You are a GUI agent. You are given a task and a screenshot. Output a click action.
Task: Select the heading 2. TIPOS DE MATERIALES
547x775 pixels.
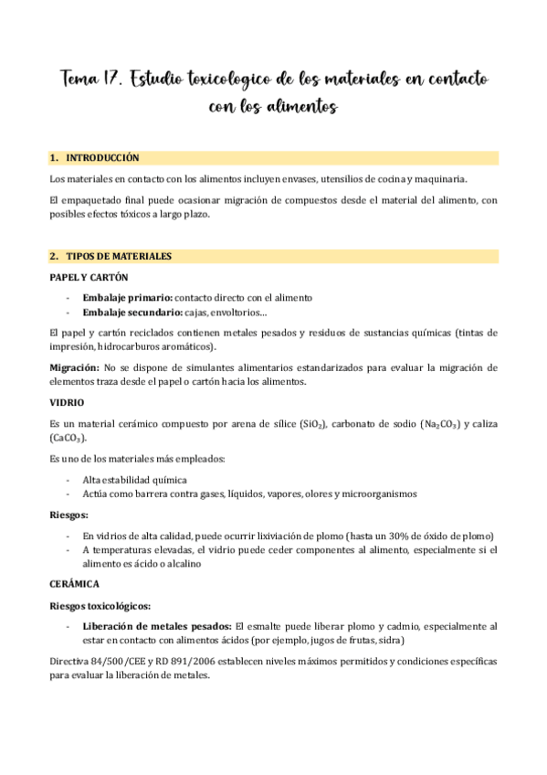[112, 257]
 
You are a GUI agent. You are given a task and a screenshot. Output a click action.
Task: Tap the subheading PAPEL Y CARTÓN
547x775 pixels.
[89, 277]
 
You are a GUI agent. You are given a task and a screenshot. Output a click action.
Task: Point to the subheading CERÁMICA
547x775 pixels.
[74, 582]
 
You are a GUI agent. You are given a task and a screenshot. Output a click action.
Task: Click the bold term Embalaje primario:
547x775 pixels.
[126, 297]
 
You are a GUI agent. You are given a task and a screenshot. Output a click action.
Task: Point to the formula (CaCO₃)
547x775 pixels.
[68, 440]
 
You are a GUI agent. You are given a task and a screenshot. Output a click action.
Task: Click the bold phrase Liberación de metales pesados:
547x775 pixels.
[156, 626]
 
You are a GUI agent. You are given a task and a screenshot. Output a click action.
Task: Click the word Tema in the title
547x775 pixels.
[82, 80]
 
